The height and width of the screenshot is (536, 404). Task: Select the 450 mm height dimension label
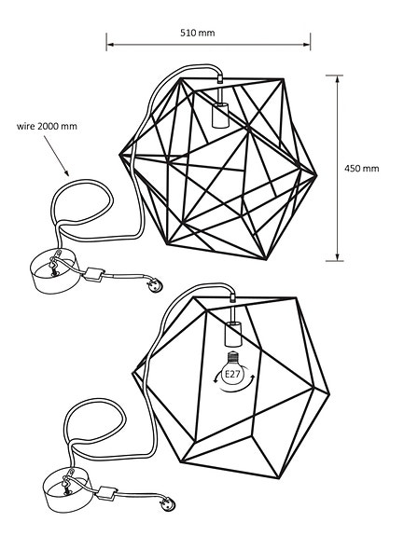coord(362,169)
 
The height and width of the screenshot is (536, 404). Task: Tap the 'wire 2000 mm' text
coord(47,126)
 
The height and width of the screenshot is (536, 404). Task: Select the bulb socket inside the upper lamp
coord(221,114)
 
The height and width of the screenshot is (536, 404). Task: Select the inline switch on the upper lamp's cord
coord(93,274)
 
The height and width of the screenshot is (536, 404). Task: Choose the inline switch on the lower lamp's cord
coord(110,491)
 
